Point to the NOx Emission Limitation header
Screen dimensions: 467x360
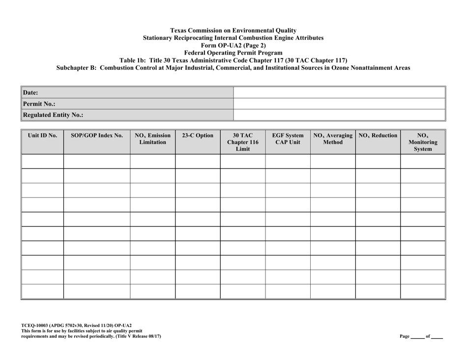click(152, 138)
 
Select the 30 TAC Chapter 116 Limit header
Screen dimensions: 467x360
click(243, 142)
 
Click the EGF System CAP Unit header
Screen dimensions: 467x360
click(288, 138)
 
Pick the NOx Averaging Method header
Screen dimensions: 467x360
click(333, 138)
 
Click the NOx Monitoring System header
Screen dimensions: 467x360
click(422, 142)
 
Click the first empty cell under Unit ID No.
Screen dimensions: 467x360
click(43, 162)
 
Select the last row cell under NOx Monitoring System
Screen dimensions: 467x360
click(422, 291)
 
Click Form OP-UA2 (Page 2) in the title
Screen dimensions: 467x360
click(233, 45)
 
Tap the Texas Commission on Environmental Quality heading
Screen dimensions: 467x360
click(233, 30)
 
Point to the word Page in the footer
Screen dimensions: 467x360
click(405, 336)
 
